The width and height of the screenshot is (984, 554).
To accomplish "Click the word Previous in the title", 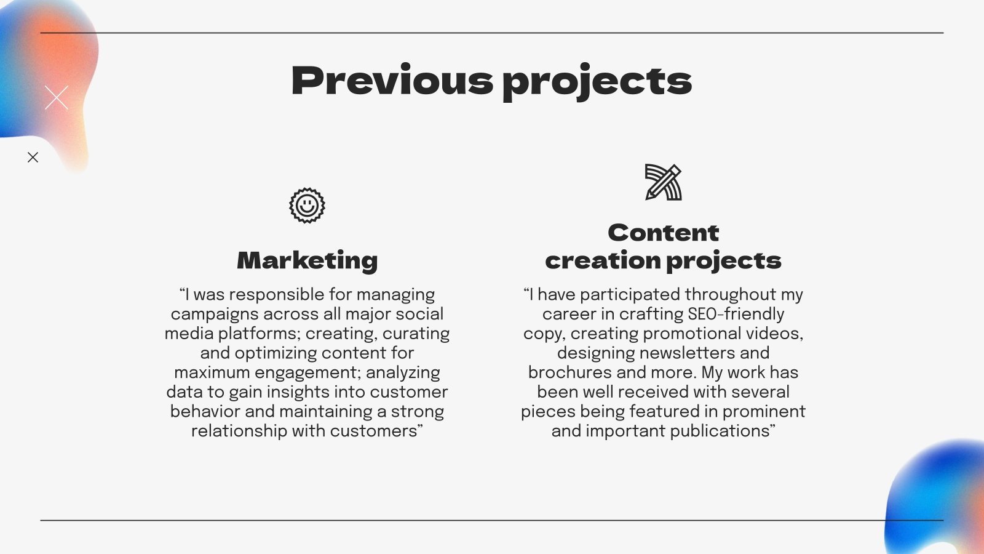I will pos(392,81).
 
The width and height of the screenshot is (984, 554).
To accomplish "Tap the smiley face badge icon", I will pos(307,206).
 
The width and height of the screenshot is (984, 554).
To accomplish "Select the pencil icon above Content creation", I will pos(663,182).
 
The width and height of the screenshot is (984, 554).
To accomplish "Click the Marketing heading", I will pos(307,260).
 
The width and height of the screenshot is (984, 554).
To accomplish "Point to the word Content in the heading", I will pos(663,233).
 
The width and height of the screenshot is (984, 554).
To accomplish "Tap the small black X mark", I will pos(33,158).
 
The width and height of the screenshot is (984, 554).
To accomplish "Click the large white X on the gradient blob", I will pos(57,97).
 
